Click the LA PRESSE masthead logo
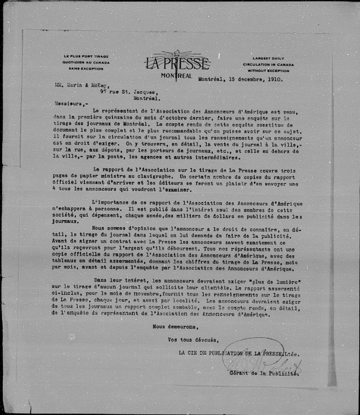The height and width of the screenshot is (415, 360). [x=177, y=64]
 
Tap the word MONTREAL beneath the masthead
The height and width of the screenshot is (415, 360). [x=176, y=76]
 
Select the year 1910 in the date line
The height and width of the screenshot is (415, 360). [x=273, y=79]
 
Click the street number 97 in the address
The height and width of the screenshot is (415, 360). [x=103, y=91]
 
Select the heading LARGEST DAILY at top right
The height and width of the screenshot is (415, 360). [x=268, y=58]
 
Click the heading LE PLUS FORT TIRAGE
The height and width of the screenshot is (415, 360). [x=86, y=56]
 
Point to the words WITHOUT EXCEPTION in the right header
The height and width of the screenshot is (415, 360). [x=268, y=71]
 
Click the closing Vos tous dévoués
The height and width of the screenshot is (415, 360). [x=193, y=340]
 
